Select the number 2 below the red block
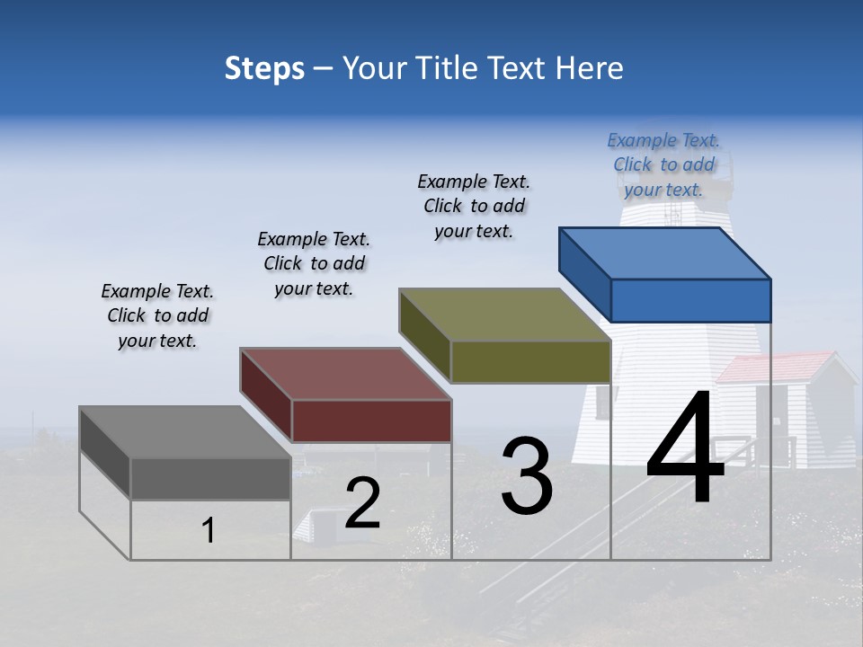point(362,503)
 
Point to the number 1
point(208,531)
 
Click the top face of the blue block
point(665,253)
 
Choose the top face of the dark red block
point(346,374)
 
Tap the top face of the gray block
point(185,432)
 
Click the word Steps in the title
point(264,68)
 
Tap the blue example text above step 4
point(663,164)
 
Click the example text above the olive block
point(474,206)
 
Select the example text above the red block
point(314,263)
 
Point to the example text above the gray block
point(157,315)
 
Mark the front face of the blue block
point(690,300)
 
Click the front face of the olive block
point(530,362)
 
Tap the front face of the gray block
point(210,478)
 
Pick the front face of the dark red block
point(371,421)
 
